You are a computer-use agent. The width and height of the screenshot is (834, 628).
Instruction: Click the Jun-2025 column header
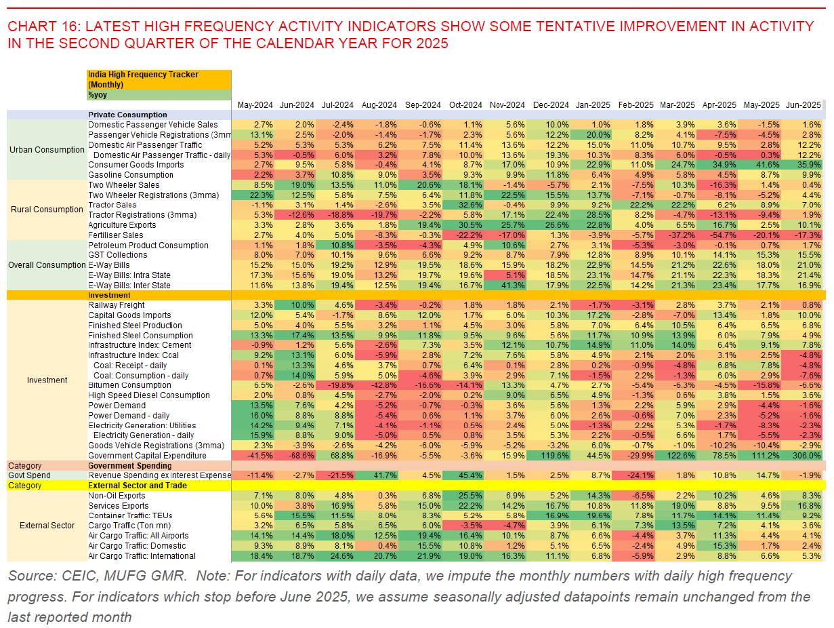click(804, 105)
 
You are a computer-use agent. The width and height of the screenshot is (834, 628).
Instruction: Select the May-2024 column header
click(255, 105)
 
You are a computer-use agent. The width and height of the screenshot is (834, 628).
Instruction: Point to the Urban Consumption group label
click(47, 149)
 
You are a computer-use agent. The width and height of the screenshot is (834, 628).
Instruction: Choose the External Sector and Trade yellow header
click(138, 486)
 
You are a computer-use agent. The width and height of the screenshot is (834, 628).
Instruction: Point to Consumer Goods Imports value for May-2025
click(760, 165)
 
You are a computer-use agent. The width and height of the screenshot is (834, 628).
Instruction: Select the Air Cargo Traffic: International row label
click(142, 556)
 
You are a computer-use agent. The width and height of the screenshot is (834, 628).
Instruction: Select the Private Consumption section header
click(127, 115)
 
